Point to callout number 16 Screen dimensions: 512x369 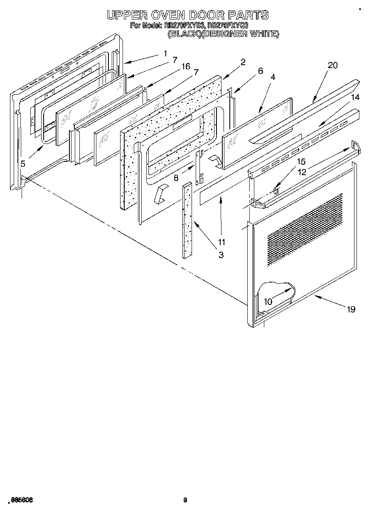[186, 66]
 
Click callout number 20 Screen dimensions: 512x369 [332, 65]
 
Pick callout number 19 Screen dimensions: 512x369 [351, 309]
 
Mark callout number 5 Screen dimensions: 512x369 [23, 164]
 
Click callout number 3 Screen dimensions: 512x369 [221, 255]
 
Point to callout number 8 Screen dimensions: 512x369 [176, 178]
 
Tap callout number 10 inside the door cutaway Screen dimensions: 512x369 [268, 302]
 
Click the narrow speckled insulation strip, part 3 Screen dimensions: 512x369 [187, 220]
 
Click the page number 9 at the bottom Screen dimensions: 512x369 [185, 500]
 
